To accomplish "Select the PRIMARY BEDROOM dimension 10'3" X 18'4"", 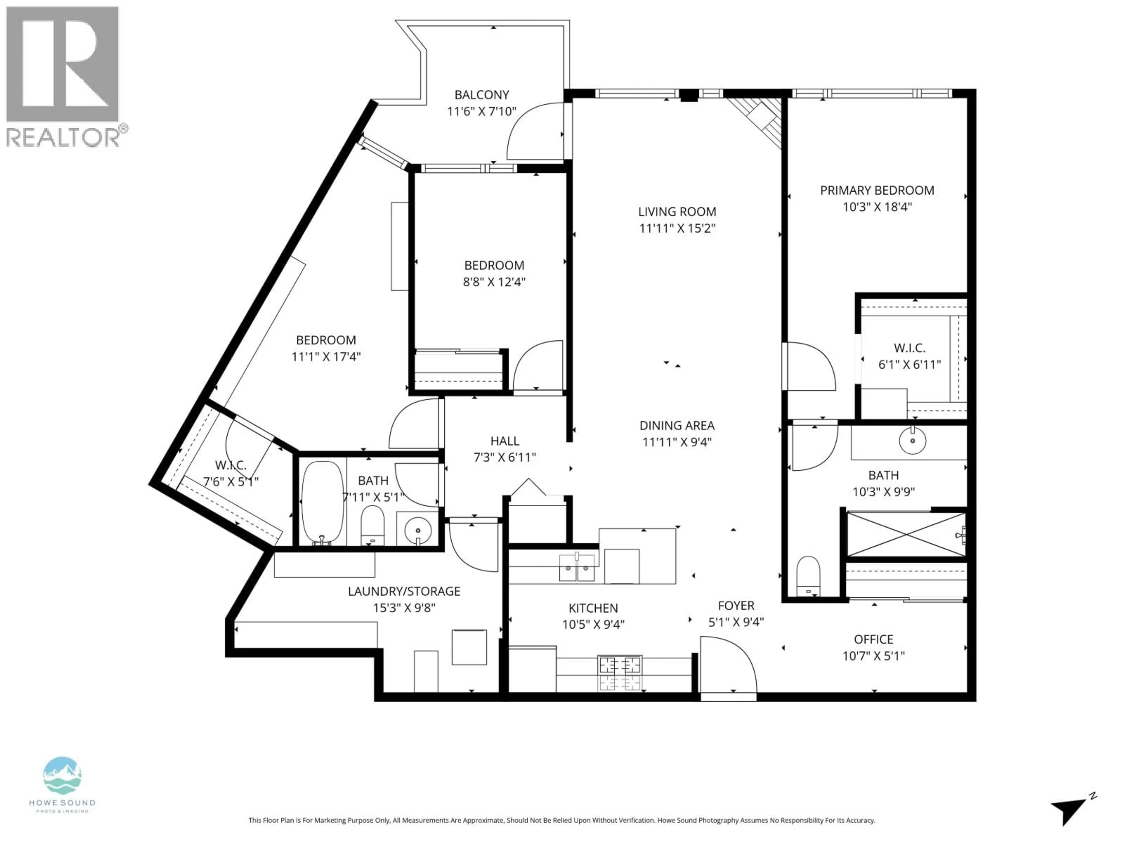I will click(x=877, y=207).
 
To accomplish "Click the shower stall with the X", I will click(x=906, y=534).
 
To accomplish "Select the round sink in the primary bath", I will click(x=913, y=440).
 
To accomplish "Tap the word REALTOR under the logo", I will click(x=62, y=137).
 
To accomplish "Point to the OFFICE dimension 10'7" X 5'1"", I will click(x=873, y=656).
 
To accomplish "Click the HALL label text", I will click(x=505, y=441).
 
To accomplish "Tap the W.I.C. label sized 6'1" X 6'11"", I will click(x=909, y=348).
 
